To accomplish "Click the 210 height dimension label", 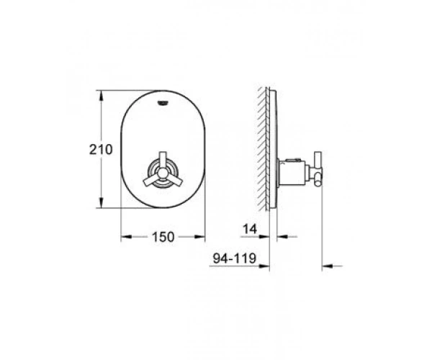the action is click(x=101, y=150).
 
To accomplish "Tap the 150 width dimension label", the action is click(x=163, y=237).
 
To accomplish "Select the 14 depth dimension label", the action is click(x=250, y=229).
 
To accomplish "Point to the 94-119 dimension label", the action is click(x=235, y=258).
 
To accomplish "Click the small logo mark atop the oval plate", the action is click(x=163, y=103).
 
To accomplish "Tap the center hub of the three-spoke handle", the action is click(x=163, y=174).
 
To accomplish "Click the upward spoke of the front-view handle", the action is click(x=163, y=161).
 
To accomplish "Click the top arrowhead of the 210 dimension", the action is click(x=102, y=96).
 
